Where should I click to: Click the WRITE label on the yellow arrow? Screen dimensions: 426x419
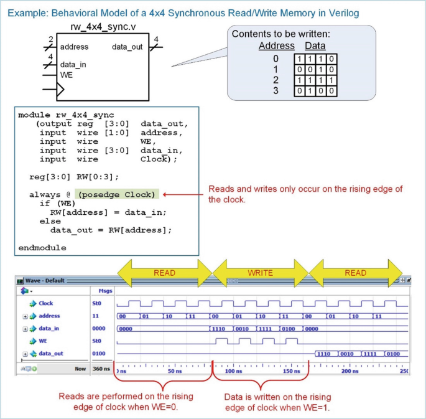tap(260, 273)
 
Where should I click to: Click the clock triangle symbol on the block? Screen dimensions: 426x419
tap(60, 89)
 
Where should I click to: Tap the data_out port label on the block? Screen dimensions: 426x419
tap(127, 47)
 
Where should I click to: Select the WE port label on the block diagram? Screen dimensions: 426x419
tap(67, 75)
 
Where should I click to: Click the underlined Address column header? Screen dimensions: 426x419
tap(277, 45)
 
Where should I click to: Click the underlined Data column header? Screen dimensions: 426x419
tap(315, 45)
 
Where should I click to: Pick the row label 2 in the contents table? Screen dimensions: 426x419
tap(276, 80)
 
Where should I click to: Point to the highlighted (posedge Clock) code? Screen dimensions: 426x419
tap(117, 195)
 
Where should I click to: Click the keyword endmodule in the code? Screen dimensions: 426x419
tap(42, 248)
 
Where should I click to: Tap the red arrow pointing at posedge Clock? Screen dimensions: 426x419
tap(183, 194)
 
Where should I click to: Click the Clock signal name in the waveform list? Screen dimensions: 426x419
tap(45, 303)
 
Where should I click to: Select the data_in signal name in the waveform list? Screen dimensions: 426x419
tap(49, 329)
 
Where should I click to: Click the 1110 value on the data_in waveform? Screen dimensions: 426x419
tap(218, 329)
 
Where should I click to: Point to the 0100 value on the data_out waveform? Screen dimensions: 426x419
tap(393, 354)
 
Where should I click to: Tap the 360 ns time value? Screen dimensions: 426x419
tap(101, 369)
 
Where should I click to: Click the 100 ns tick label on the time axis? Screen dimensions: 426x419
tap(233, 371)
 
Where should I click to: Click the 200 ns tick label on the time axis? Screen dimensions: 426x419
tap(350, 371)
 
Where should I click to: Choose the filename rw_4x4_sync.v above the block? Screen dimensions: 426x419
tap(103, 27)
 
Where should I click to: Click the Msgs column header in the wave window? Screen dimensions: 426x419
tap(106, 291)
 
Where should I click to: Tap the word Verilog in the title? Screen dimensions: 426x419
tap(344, 13)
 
